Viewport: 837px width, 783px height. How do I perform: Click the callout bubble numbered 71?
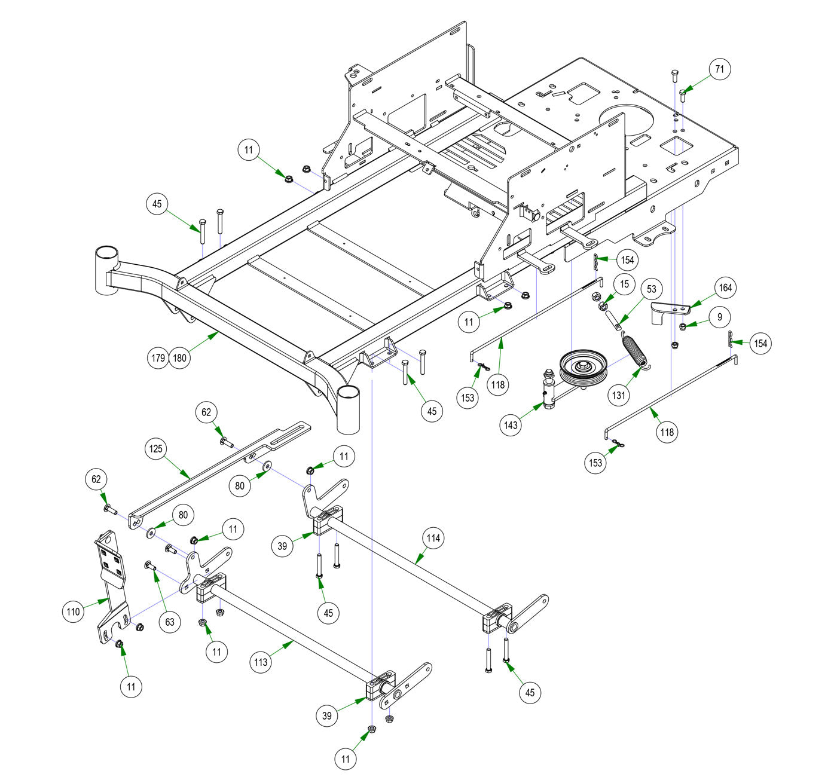[720, 69]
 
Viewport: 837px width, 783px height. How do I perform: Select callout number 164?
[725, 287]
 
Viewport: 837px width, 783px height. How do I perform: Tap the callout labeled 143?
[511, 426]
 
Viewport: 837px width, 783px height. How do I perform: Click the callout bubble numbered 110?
[73, 611]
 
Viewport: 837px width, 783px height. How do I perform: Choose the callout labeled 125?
[156, 448]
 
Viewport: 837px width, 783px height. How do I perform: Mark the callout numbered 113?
[261, 662]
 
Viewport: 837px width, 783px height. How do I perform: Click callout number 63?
[170, 622]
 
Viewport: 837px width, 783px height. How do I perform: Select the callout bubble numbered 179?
[158, 359]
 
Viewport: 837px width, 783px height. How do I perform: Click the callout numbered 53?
[651, 289]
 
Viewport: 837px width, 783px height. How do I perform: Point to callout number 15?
[624, 284]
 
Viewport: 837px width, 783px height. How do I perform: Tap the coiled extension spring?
[634, 350]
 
